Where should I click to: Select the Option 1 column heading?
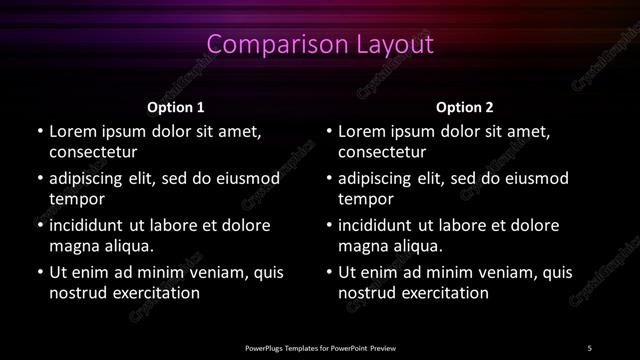(x=176, y=106)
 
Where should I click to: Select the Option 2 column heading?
(x=465, y=106)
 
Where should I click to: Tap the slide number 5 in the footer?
(x=589, y=348)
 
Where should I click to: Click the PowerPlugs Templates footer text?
(x=320, y=348)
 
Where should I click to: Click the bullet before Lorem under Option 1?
(x=38, y=132)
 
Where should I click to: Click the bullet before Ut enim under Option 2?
(x=328, y=272)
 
